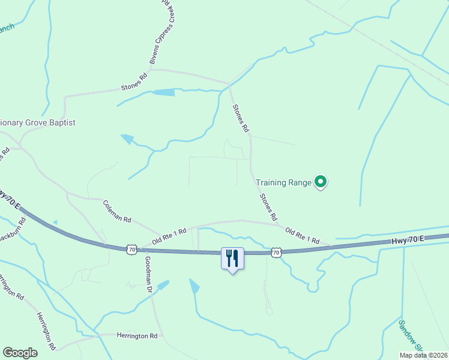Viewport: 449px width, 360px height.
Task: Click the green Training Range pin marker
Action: [321, 181]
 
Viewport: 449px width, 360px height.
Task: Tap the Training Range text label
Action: [283, 182]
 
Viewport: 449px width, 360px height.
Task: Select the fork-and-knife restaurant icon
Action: [232, 258]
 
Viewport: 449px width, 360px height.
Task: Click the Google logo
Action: [20, 353]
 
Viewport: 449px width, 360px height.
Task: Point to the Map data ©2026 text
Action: [423, 355]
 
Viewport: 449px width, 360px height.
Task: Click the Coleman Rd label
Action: [116, 212]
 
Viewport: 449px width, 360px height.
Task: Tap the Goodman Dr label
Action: [148, 274]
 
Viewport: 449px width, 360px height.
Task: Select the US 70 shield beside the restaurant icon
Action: [276, 253]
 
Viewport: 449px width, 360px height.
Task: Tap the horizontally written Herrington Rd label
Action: [137, 336]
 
